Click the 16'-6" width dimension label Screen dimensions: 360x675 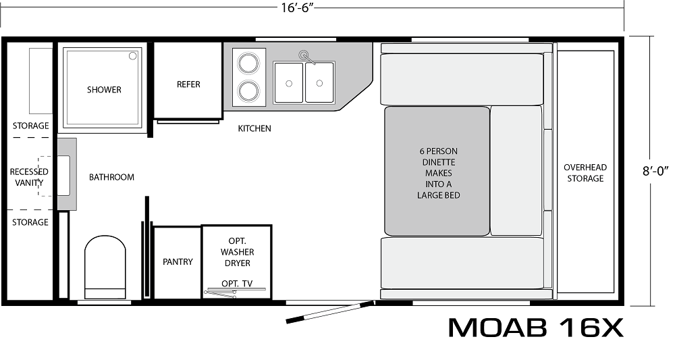297,8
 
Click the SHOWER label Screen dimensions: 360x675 104,90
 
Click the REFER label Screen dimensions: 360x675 188,84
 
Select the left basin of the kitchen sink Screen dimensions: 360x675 289,82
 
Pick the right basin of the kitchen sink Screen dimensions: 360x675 319,82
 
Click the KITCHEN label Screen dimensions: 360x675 254,128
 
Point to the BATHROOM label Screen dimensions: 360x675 111,178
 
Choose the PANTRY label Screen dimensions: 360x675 178,262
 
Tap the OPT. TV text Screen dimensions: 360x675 237,284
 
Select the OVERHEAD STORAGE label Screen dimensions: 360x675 585,173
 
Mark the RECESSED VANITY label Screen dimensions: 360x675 29,178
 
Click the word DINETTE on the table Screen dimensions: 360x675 437,162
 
